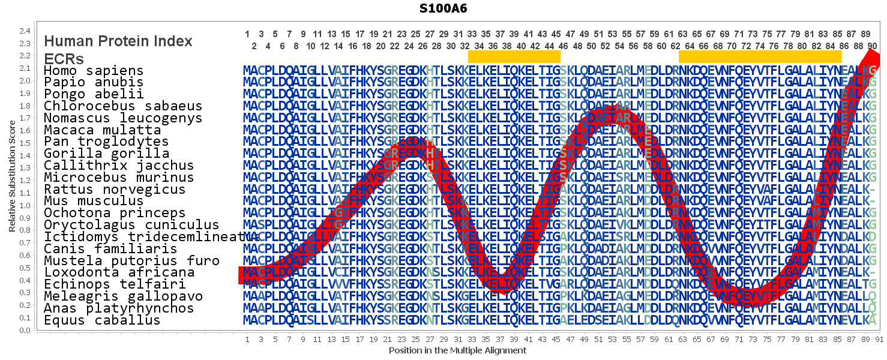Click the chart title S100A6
click(x=444, y=8)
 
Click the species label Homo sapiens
click(x=94, y=71)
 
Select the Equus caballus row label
click(x=102, y=320)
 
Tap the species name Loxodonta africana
click(x=119, y=272)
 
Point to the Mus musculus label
click(x=94, y=201)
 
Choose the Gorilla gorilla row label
click(x=106, y=154)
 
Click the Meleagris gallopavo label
click(x=123, y=296)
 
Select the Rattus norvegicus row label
click(x=115, y=189)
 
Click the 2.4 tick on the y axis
click(x=25, y=31)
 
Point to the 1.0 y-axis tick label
click(x=25, y=205)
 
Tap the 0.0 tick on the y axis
click(x=25, y=330)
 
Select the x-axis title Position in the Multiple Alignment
click(x=457, y=350)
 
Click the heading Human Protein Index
click(x=118, y=41)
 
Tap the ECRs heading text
click(x=64, y=58)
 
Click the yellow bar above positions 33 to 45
click(x=514, y=56)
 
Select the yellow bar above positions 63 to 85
click(x=760, y=56)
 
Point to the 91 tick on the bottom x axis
click(x=879, y=340)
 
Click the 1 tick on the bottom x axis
click(x=247, y=340)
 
